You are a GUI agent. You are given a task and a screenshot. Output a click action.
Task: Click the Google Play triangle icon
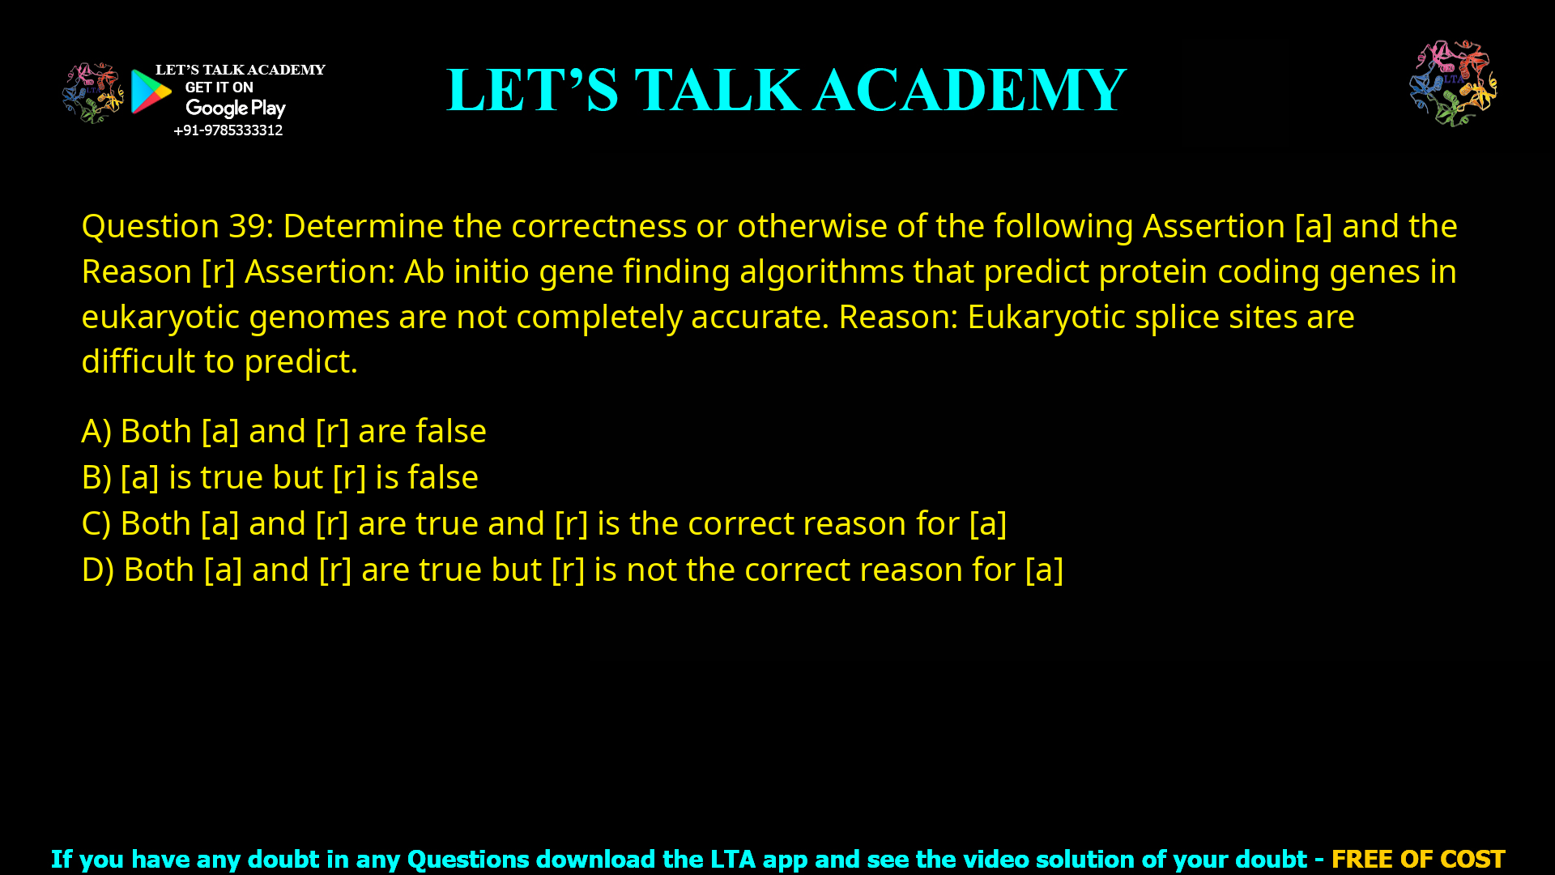[x=151, y=92]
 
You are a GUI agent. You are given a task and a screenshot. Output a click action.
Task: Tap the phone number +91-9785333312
[x=228, y=130]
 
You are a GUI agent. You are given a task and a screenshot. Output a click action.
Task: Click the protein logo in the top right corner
[x=1453, y=83]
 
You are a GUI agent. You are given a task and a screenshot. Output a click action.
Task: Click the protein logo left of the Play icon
[x=93, y=93]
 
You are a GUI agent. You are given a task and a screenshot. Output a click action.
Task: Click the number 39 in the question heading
[x=247, y=226]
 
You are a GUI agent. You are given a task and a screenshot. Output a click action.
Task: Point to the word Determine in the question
[x=363, y=226]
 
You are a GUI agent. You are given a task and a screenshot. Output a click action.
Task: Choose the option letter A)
[x=96, y=431]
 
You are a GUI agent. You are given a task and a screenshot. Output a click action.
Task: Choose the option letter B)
[x=96, y=477]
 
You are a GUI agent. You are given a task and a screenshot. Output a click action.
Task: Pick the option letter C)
[x=96, y=523]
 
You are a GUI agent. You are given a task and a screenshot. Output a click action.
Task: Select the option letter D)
[x=97, y=570]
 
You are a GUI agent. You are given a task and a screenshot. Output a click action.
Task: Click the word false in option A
[x=450, y=431]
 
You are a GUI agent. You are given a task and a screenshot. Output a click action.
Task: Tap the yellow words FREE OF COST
[x=1417, y=859]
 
